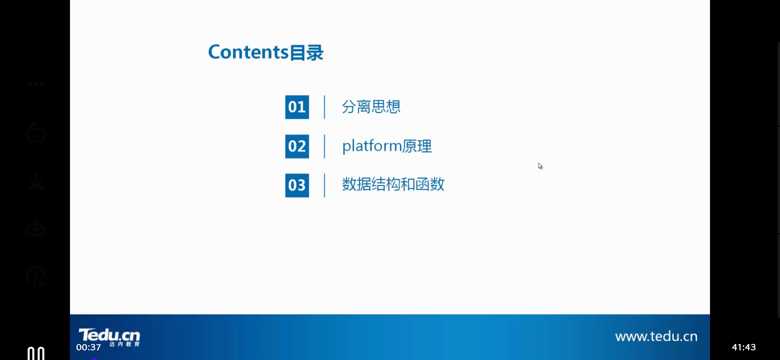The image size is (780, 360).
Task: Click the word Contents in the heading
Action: [248, 52]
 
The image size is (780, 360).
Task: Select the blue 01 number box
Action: [297, 107]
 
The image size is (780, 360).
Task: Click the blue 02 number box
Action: [297, 146]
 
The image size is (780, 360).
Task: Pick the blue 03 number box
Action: [297, 185]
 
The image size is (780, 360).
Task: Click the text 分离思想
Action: [371, 107]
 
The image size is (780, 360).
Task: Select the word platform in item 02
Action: [372, 146]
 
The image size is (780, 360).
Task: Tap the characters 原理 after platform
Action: [417, 146]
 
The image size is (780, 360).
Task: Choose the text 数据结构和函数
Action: [393, 184]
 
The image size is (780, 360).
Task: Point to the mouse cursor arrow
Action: [540, 166]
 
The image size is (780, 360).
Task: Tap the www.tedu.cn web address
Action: [656, 336]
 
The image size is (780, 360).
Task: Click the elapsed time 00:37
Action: [88, 347]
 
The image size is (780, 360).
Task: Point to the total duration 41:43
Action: [744, 347]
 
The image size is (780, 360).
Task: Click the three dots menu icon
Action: [36, 84]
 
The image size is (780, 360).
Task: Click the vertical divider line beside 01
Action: [324, 107]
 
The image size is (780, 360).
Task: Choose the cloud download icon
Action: [36, 228]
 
